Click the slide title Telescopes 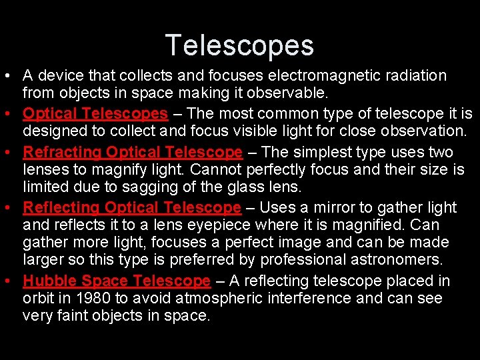pos(239,45)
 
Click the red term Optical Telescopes pos(95,113)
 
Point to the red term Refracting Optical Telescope pos(133,152)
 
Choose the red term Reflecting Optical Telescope pos(131,208)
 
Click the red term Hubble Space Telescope pos(117,281)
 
